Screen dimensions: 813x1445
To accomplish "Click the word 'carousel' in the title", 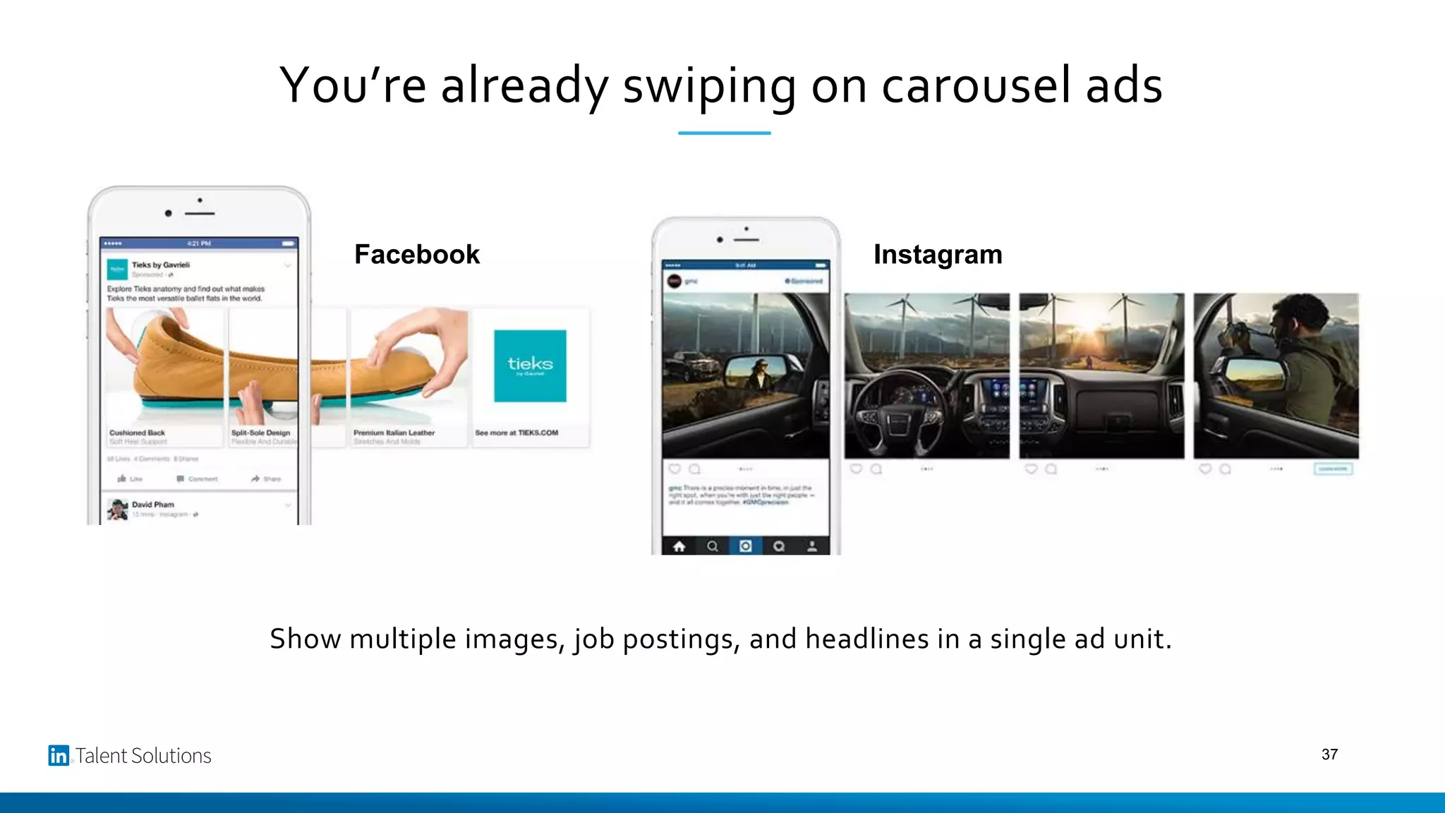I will [977, 85].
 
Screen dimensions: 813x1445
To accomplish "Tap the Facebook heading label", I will [416, 254].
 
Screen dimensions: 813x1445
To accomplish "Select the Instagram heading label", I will [937, 254].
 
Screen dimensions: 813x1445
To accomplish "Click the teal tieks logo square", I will [530, 366].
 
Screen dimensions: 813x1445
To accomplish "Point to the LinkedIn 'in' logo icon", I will [59, 756].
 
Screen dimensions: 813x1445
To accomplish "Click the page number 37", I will [1329, 754].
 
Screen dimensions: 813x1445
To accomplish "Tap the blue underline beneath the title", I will [724, 133].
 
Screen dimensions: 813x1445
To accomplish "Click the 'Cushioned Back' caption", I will [137, 433].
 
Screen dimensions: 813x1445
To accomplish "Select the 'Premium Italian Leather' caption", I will [394, 433].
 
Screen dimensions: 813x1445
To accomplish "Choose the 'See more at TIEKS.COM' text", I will [516, 433].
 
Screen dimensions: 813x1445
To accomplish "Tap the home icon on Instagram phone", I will [679, 546].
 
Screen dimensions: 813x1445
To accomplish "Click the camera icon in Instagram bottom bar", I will [745, 546].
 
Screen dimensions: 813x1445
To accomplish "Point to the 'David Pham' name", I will [152, 505].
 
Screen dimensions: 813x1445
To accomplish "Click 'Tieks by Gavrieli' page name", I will [161, 265].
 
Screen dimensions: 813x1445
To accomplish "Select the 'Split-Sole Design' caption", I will [260, 433].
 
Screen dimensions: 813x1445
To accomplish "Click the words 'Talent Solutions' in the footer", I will [143, 756].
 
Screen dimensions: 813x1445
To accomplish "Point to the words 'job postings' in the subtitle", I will [656, 639].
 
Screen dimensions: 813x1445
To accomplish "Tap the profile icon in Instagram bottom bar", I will [812, 546].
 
